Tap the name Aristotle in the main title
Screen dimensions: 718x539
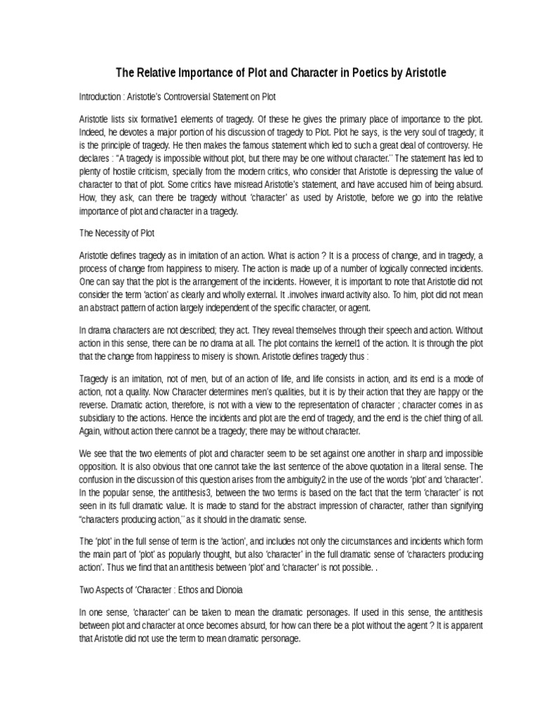[x=421, y=73]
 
